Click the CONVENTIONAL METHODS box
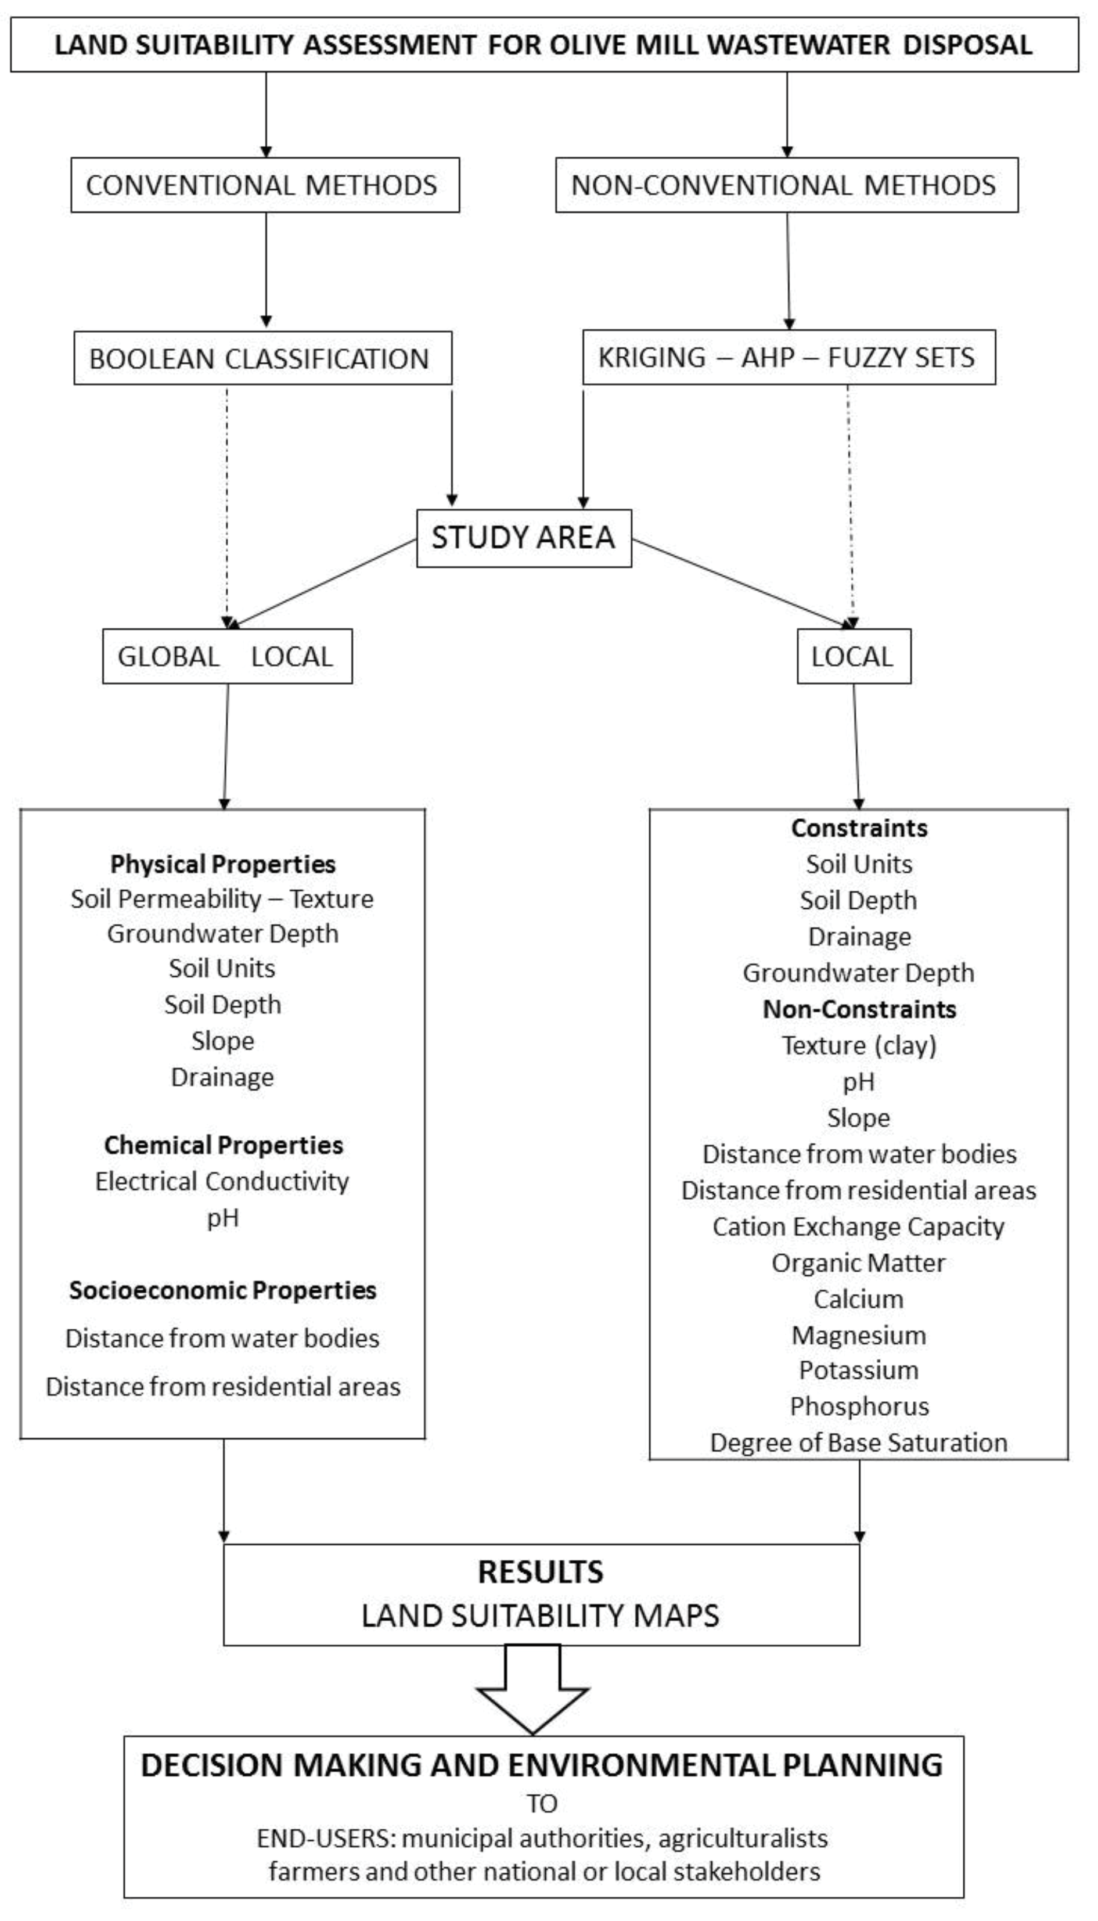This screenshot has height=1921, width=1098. point(265,185)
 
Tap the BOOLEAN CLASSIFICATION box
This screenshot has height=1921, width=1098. point(262,358)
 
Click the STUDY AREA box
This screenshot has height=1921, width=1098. point(523,538)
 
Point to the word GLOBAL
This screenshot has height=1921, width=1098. point(168,657)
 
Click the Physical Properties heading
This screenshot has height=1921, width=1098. point(222,864)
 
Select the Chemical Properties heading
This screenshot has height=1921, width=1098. point(223,1145)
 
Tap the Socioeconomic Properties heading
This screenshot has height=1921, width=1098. point(222,1290)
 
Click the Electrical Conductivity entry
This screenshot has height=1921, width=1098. point(222,1181)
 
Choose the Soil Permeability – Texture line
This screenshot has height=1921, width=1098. point(222,899)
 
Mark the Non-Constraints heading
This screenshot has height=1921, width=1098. point(859,1009)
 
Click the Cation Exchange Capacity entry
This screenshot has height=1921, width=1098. point(858,1226)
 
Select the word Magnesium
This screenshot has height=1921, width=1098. point(858,1335)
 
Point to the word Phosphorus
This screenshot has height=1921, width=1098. point(859,1406)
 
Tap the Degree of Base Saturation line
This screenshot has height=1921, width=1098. point(858,1442)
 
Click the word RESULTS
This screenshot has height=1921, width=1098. point(541,1573)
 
